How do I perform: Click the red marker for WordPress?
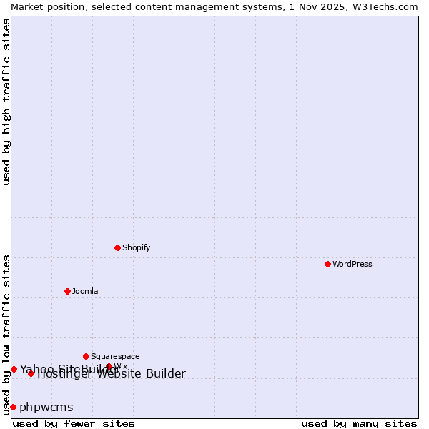pyautogui.click(x=327, y=264)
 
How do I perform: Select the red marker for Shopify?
pyautogui.click(x=117, y=247)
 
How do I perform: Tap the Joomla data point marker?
pyautogui.click(x=67, y=291)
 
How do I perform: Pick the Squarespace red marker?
pyautogui.click(x=86, y=356)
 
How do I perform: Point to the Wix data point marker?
pyautogui.click(x=109, y=367)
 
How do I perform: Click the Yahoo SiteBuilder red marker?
pyautogui.click(x=14, y=369)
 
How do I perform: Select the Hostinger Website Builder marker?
pyautogui.click(x=31, y=373)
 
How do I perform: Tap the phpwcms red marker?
pyautogui.click(x=13, y=407)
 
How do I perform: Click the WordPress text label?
pyautogui.click(x=352, y=264)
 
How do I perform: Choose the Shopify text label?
pyautogui.click(x=136, y=247)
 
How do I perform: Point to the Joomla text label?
pyautogui.click(x=85, y=291)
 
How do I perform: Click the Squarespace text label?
pyautogui.click(x=115, y=356)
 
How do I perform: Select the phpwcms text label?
pyautogui.click(x=46, y=407)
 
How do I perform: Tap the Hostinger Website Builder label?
pyautogui.click(x=112, y=374)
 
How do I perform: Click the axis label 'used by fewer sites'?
pyautogui.click(x=74, y=423)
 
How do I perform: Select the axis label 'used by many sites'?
pyautogui.click(x=359, y=423)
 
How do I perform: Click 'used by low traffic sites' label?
pyautogui.click(x=6, y=335)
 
